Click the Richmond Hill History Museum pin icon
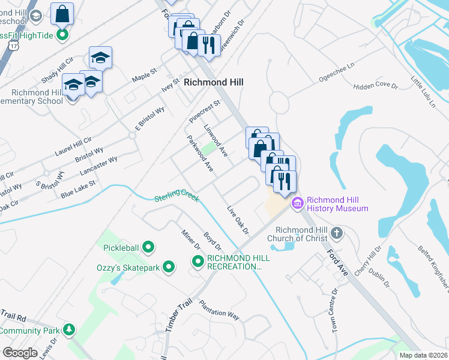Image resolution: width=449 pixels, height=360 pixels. [x=297, y=204]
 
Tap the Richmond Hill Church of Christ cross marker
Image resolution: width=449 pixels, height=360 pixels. [x=337, y=233]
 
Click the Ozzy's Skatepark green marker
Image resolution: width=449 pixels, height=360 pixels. [x=169, y=267]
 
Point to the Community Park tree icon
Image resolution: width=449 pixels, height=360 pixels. [x=70, y=330]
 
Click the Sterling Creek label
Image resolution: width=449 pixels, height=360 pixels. [x=176, y=197]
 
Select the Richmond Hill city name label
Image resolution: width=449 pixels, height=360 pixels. [x=213, y=82]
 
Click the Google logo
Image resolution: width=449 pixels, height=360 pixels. [x=20, y=352]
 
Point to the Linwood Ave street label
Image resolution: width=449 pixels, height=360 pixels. [x=215, y=141]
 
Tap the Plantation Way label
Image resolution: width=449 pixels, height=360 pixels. [x=219, y=309]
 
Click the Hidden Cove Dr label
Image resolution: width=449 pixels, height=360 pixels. [x=376, y=86]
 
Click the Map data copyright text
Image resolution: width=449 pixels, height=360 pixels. [x=423, y=355]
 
